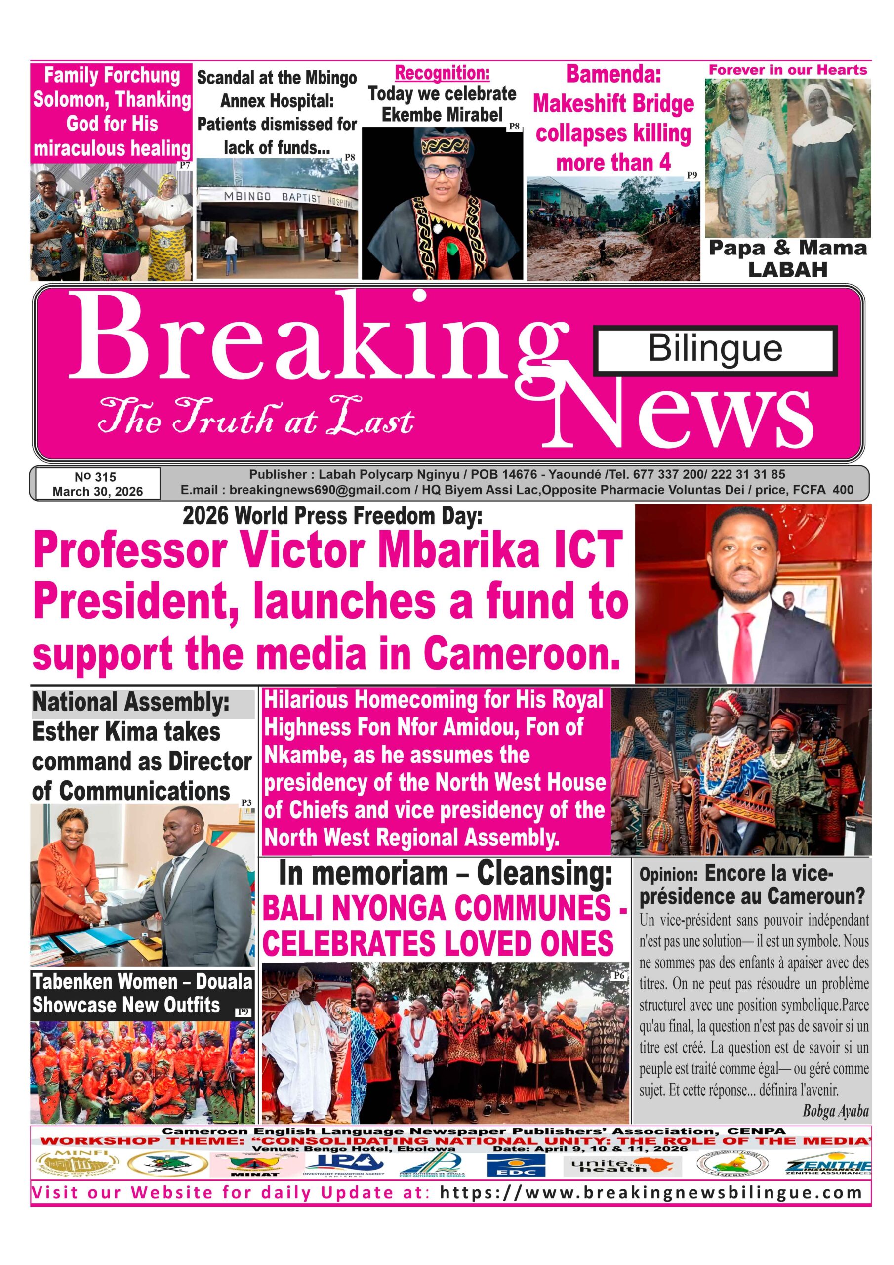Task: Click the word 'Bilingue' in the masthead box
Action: click(715, 349)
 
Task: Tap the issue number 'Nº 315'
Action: click(95, 478)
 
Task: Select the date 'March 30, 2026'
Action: click(97, 492)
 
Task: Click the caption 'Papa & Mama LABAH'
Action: click(787, 258)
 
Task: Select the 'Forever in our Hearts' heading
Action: click(787, 70)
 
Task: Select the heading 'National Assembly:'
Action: click(131, 703)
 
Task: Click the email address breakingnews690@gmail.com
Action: click(320, 490)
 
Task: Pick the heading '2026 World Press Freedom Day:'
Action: click(332, 516)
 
